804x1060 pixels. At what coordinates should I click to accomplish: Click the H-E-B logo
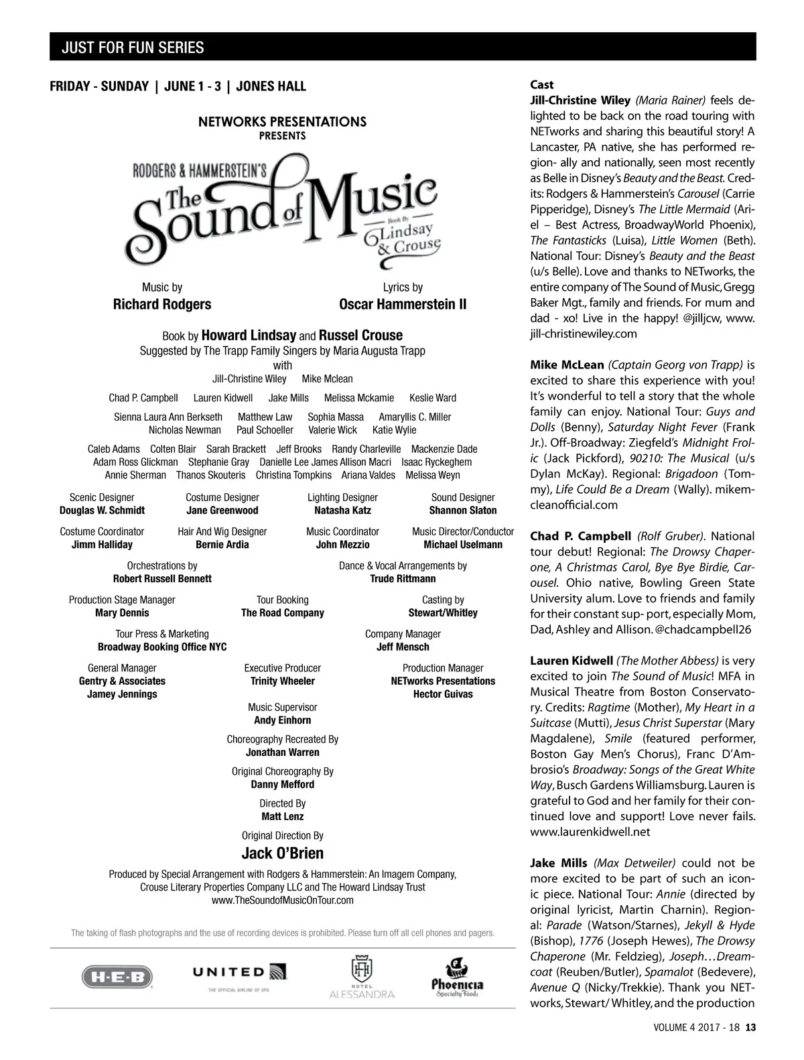(117, 976)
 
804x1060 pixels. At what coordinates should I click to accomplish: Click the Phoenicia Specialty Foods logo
(457, 978)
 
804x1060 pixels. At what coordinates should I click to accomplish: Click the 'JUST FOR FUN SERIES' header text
(133, 48)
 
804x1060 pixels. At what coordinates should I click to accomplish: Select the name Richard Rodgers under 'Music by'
(162, 304)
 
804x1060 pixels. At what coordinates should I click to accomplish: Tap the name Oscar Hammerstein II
(403, 304)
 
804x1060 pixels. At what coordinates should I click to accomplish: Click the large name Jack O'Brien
(282, 853)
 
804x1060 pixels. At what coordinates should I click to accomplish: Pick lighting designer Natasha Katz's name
(342, 511)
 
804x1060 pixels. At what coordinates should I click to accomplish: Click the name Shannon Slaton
(463, 511)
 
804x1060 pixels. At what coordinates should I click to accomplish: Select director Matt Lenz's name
(282, 816)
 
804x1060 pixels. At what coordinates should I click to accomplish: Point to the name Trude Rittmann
(403, 578)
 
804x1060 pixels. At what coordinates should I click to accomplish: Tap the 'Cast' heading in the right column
(541, 84)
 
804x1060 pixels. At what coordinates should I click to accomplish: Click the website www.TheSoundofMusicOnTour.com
(282, 900)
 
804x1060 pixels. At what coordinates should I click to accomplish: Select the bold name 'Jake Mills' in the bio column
(559, 863)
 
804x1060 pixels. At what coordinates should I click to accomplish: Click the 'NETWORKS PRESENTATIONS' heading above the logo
(282, 122)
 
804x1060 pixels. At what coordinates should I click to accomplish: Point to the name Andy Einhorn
(282, 720)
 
